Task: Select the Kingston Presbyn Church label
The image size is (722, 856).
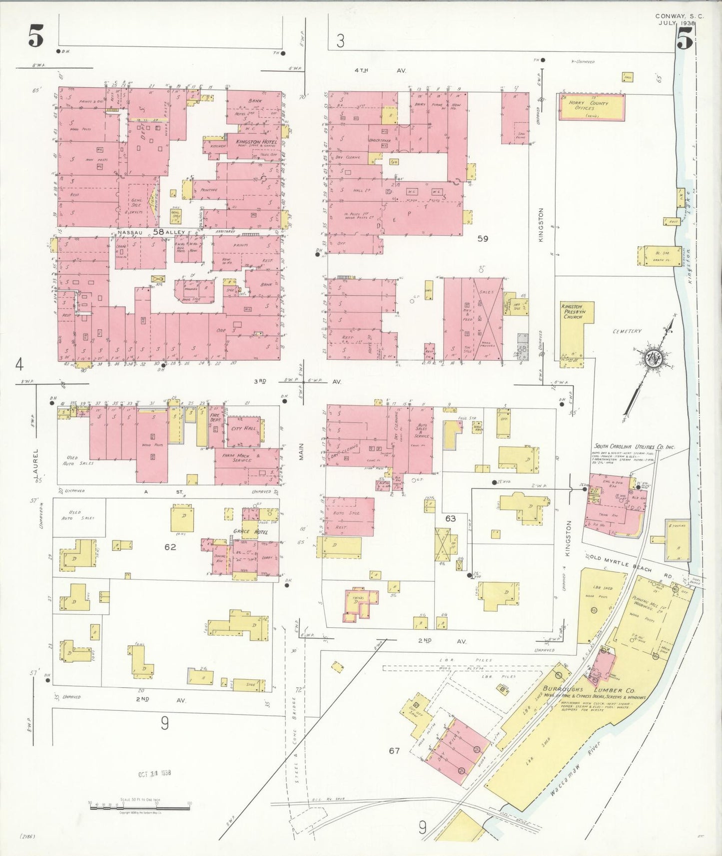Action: coord(572,311)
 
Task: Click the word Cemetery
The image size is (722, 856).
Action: coord(628,331)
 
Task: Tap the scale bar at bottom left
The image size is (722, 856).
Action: coord(139,804)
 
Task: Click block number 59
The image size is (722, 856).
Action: coord(482,239)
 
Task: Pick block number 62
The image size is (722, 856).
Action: coord(170,547)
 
